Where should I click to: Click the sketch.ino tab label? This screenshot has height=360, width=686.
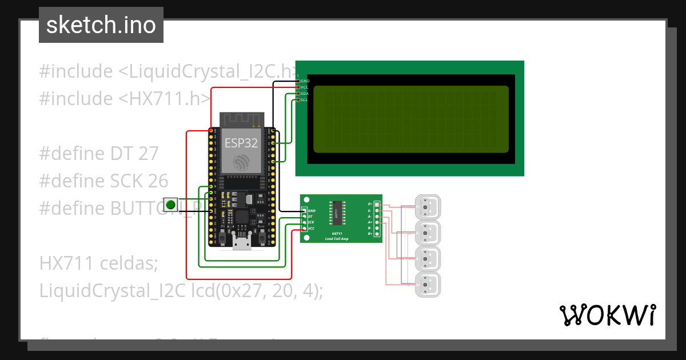click(x=101, y=25)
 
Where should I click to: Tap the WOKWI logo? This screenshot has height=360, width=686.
click(x=607, y=315)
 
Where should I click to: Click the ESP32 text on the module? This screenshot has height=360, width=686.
click(x=241, y=143)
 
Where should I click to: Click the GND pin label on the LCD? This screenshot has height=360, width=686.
click(x=305, y=81)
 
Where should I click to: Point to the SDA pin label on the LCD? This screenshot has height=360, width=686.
click(x=305, y=93)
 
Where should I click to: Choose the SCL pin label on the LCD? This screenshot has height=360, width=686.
click(x=305, y=99)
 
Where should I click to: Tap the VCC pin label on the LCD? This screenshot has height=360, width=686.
click(x=305, y=87)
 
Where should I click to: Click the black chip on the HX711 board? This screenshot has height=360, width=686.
click(x=337, y=213)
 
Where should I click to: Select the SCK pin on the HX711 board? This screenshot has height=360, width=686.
click(x=310, y=222)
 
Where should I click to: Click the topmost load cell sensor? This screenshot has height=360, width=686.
click(x=428, y=207)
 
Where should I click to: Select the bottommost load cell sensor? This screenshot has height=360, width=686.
click(x=428, y=285)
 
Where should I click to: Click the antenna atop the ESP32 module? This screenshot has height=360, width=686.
click(x=241, y=119)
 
